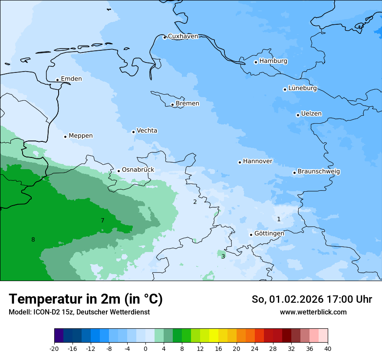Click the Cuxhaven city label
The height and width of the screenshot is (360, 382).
[x=183, y=36]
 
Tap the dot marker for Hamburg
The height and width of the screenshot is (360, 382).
[x=256, y=62]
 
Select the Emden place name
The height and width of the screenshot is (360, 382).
[x=71, y=79]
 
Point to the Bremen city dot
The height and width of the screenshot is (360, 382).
[x=172, y=105]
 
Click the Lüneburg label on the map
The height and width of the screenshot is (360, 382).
[x=303, y=88]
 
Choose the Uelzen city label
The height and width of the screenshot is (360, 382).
[x=311, y=114]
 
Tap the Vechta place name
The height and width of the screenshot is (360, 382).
[x=147, y=131]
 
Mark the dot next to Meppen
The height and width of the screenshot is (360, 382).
[x=65, y=137]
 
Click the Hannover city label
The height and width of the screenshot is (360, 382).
[x=257, y=161]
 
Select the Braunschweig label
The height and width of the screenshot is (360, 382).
[x=319, y=172]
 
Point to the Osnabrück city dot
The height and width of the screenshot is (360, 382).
[x=119, y=171]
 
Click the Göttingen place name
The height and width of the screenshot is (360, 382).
[x=269, y=234]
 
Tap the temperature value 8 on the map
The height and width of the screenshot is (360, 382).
[x=33, y=240]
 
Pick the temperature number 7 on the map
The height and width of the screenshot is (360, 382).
[x=102, y=221]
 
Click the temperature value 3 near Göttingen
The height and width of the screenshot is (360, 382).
[x=223, y=257]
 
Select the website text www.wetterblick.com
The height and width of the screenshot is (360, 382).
[x=313, y=312]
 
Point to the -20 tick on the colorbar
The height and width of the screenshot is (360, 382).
[x=54, y=349]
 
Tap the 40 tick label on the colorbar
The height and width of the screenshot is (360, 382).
[x=328, y=349]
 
